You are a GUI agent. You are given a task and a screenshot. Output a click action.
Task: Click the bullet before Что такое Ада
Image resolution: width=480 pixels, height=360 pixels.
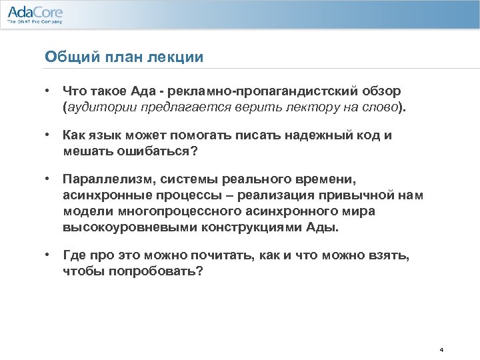pos(49,90)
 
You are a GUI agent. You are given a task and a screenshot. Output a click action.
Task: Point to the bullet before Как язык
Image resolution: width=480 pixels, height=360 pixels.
pos(49,135)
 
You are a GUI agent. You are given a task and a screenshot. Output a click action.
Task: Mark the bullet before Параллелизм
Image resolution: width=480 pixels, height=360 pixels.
pos(49,179)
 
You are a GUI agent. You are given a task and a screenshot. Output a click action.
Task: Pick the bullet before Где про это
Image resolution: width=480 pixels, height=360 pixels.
pos(49,255)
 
